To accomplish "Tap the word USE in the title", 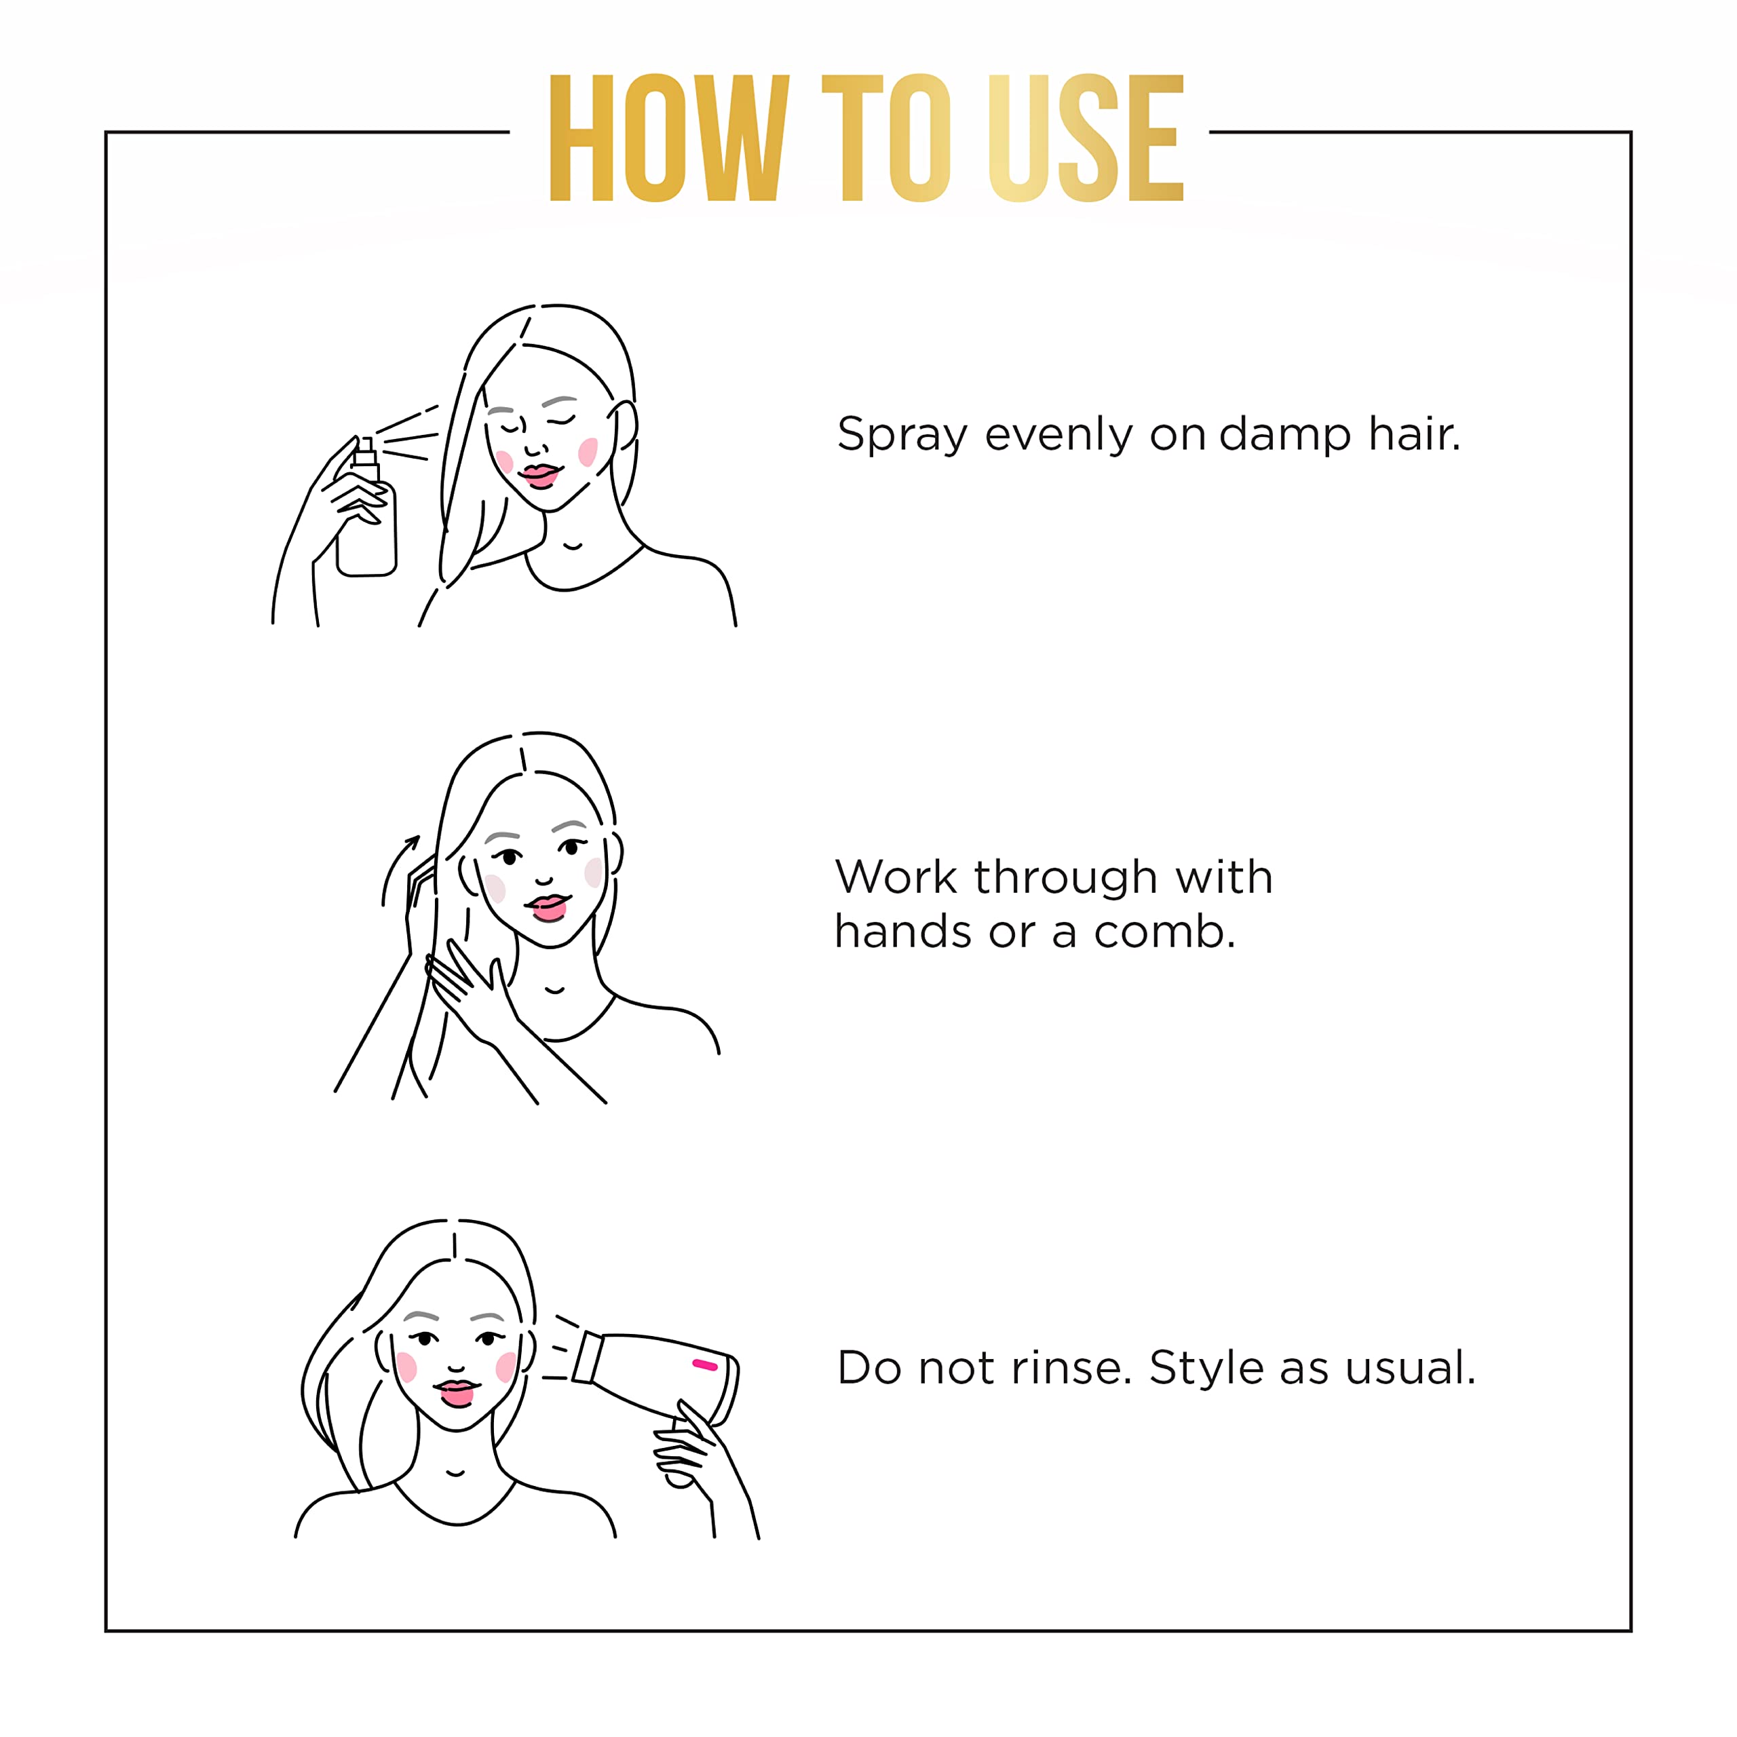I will coord(1085,138).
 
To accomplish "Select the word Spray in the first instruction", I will coord(902,435).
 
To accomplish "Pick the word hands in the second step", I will coord(902,932).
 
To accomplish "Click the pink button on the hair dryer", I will coord(705,1364).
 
